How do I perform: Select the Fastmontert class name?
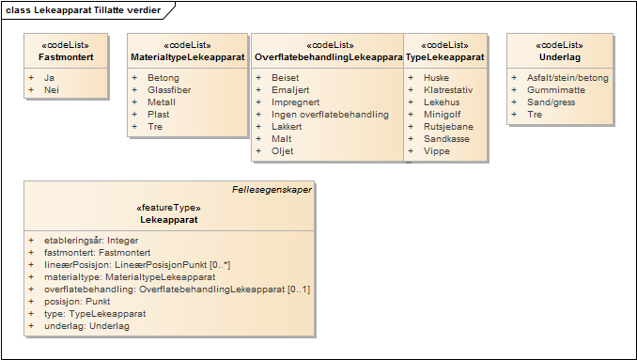pyautogui.click(x=66, y=57)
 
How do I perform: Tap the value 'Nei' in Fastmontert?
pyautogui.click(x=52, y=90)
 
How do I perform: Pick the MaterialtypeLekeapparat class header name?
pyautogui.click(x=188, y=57)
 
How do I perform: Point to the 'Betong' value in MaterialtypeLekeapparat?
pyautogui.click(x=163, y=78)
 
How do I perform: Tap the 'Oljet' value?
pyautogui.click(x=282, y=151)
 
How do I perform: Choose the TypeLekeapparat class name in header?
pyautogui.click(x=445, y=57)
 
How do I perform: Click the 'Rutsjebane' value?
pyautogui.click(x=449, y=127)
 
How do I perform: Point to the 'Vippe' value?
pyautogui.click(x=437, y=151)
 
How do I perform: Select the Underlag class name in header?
pyautogui.click(x=559, y=57)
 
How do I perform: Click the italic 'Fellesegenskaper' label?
pyautogui.click(x=272, y=189)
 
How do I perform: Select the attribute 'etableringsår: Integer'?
pyautogui.click(x=91, y=241)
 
